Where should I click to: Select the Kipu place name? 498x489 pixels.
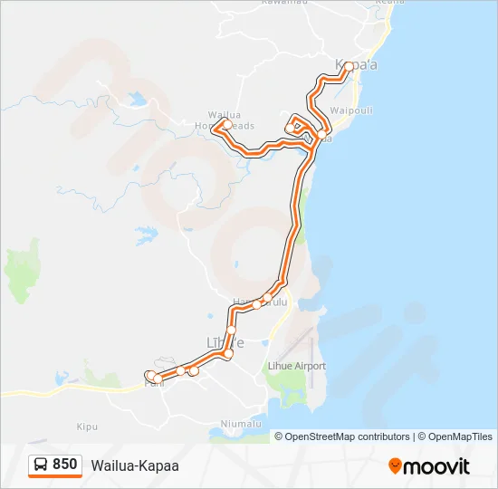pos(87,425)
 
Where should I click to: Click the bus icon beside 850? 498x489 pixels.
pos(41,465)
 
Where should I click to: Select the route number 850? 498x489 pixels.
pos(65,465)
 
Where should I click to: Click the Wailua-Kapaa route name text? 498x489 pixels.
pos(135,465)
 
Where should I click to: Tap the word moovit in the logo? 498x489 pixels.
pos(438,466)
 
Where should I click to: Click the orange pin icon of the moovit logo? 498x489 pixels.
pos(395,466)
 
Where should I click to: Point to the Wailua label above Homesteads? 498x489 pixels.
pos(223,115)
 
